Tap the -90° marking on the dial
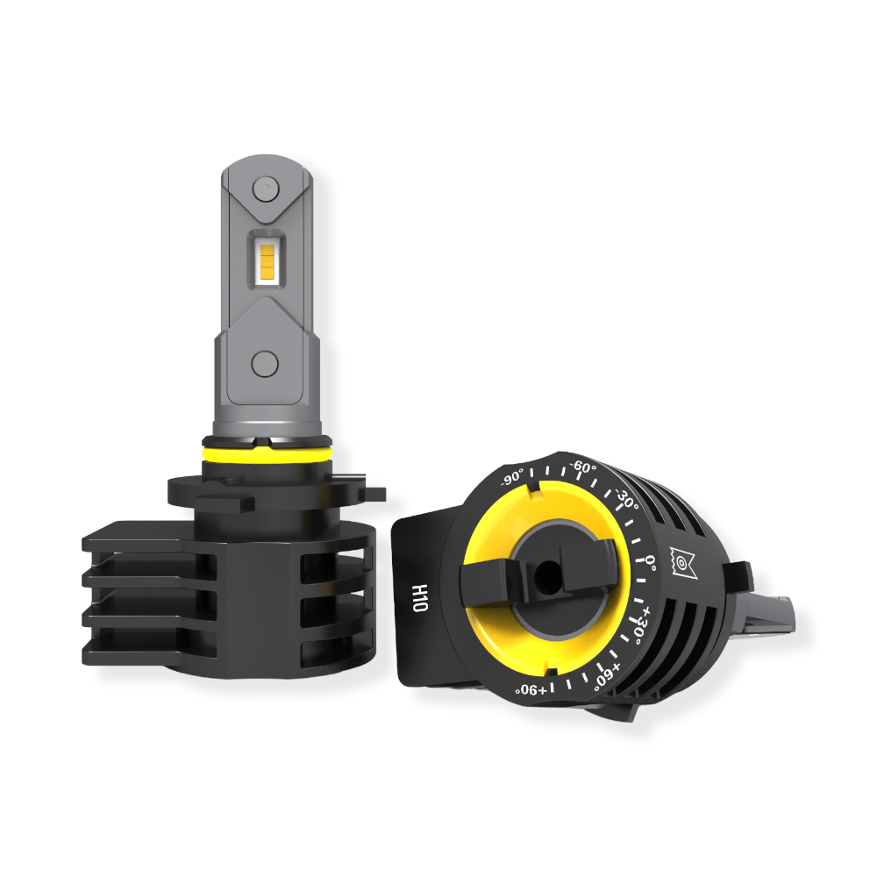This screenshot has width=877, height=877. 513,481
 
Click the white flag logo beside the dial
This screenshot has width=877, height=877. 682,561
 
